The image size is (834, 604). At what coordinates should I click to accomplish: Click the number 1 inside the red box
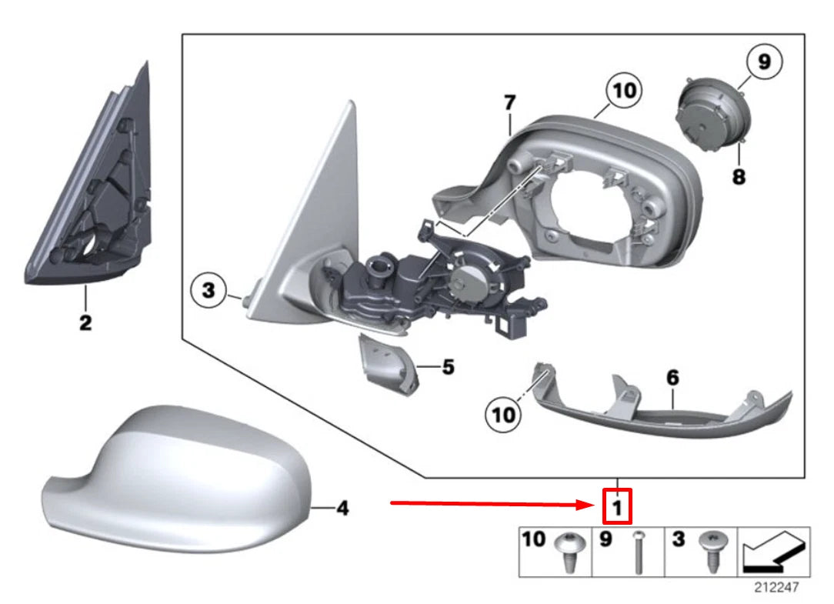(x=616, y=507)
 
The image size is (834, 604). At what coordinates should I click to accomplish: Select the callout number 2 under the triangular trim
(x=85, y=322)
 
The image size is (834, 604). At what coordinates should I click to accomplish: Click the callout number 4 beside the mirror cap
(x=342, y=508)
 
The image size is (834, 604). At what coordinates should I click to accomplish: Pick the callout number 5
(x=448, y=367)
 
